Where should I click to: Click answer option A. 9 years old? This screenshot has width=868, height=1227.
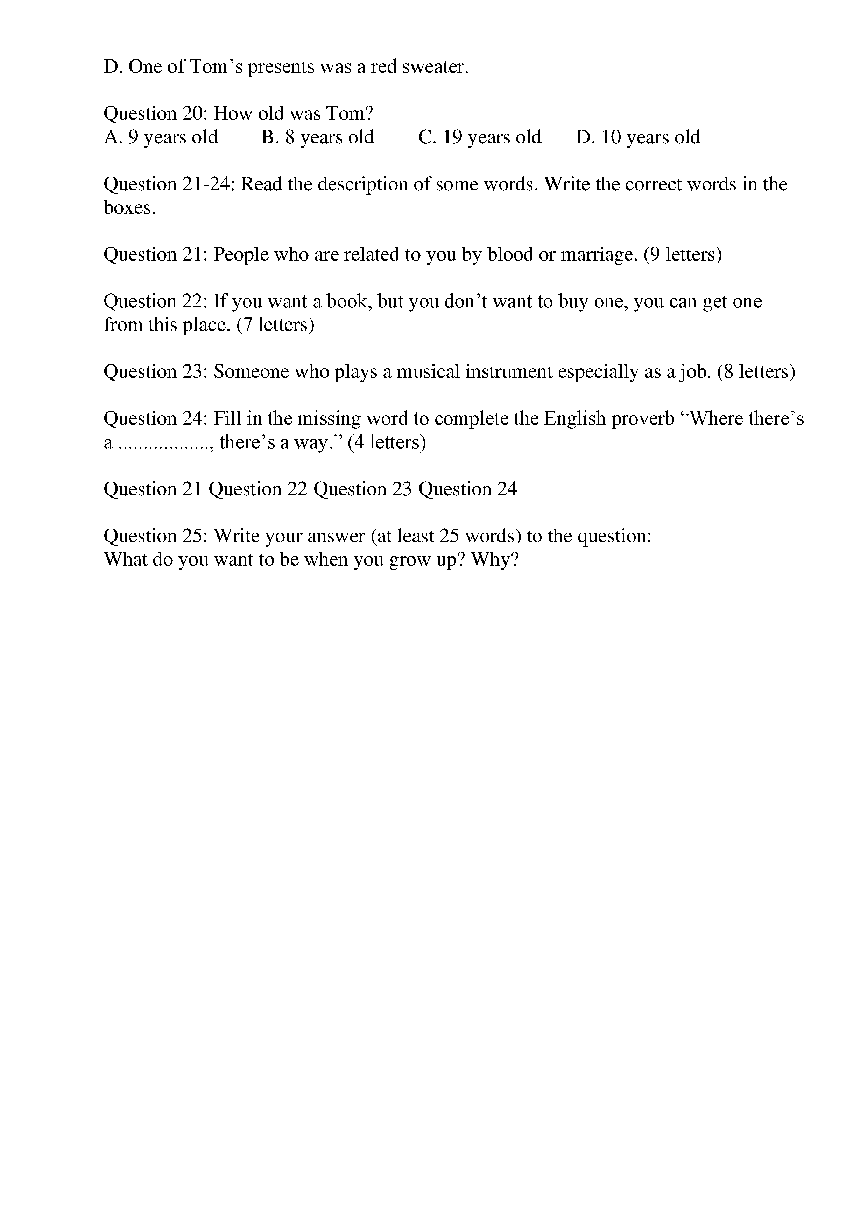[x=160, y=137]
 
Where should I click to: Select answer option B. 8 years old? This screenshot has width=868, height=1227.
[x=317, y=137]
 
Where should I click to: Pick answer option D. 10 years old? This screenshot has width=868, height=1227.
[x=638, y=137]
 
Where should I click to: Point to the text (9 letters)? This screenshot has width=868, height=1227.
[x=683, y=254]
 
